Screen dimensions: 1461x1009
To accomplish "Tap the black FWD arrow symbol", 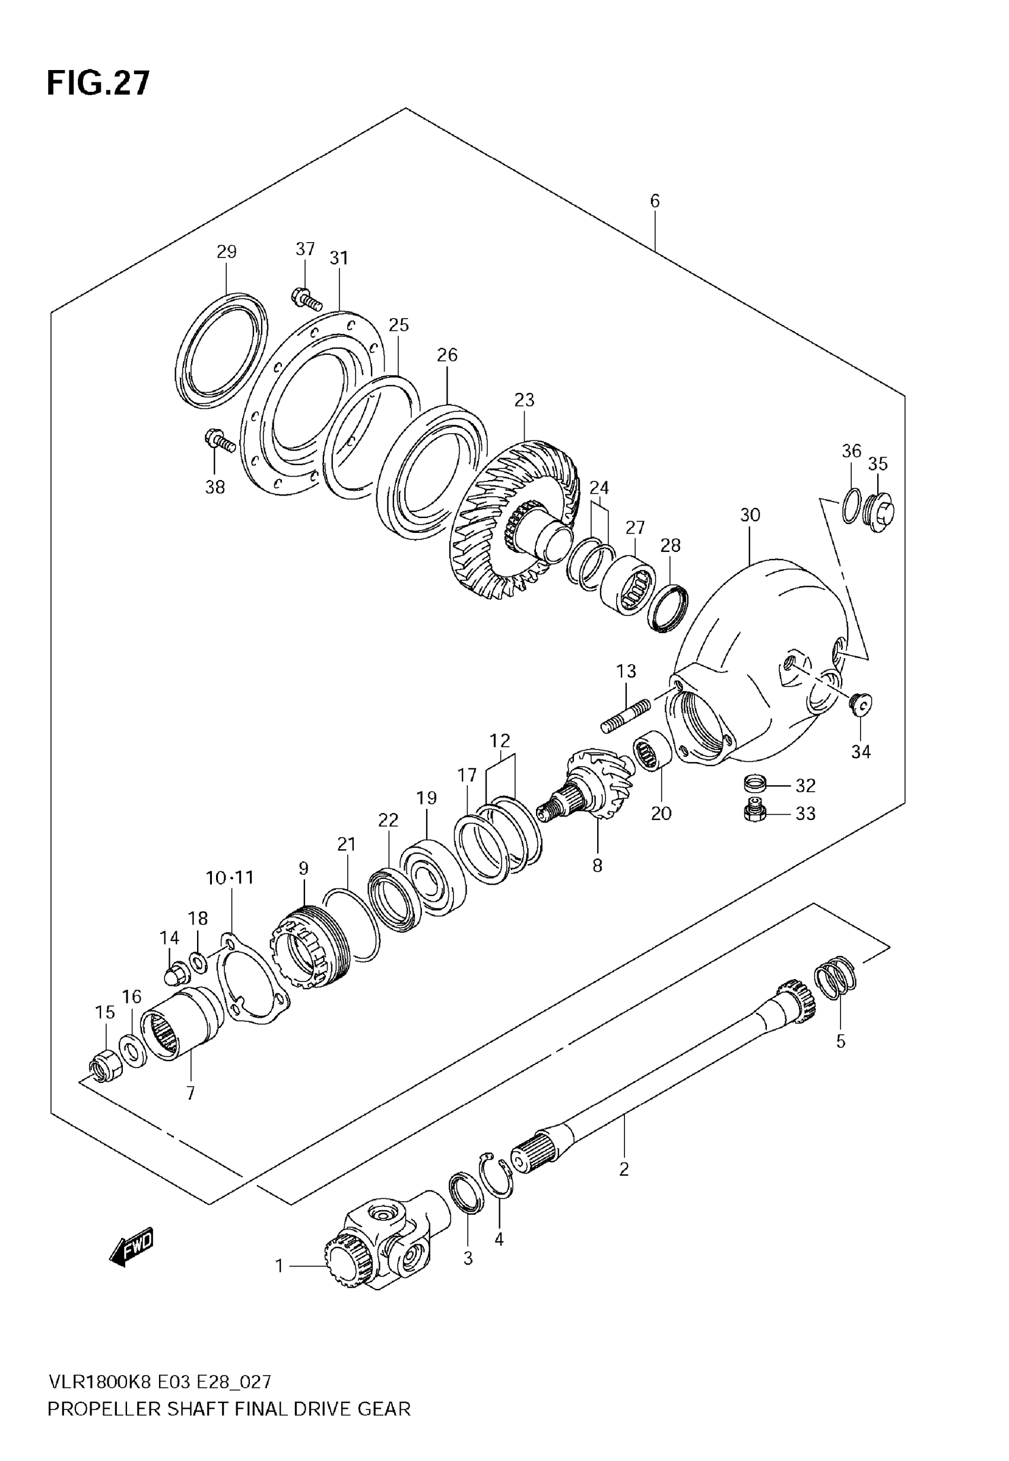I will [x=132, y=1246].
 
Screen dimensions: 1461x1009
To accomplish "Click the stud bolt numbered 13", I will [x=626, y=716].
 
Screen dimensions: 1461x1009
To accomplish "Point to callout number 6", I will [x=654, y=201].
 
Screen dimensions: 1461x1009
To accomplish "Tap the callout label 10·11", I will [x=230, y=877].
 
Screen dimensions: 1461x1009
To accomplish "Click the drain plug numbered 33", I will [x=755, y=812].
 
